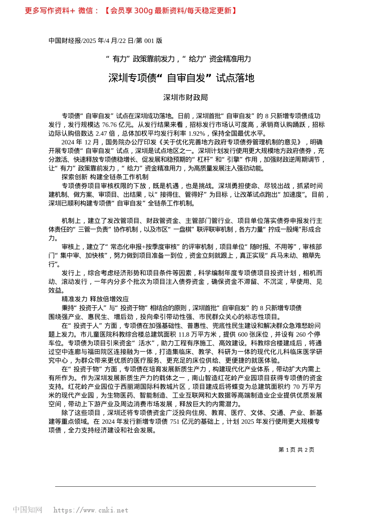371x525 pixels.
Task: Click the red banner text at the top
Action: pos(131,11)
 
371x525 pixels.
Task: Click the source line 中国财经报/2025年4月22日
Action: pos(105,41)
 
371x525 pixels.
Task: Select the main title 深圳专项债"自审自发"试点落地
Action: pos(181,78)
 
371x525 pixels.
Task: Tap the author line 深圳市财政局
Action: pos(185,98)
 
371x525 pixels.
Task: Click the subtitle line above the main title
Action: pos(179,59)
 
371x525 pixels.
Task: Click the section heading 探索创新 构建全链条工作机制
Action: pos(105,177)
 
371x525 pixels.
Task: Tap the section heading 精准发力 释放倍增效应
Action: pos(95,299)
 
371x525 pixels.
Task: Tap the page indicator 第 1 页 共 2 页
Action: pos(296,450)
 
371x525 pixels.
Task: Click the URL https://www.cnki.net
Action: pos(91,510)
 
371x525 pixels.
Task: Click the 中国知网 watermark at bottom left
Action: pos(27,510)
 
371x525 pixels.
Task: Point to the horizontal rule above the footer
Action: pos(185,486)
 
